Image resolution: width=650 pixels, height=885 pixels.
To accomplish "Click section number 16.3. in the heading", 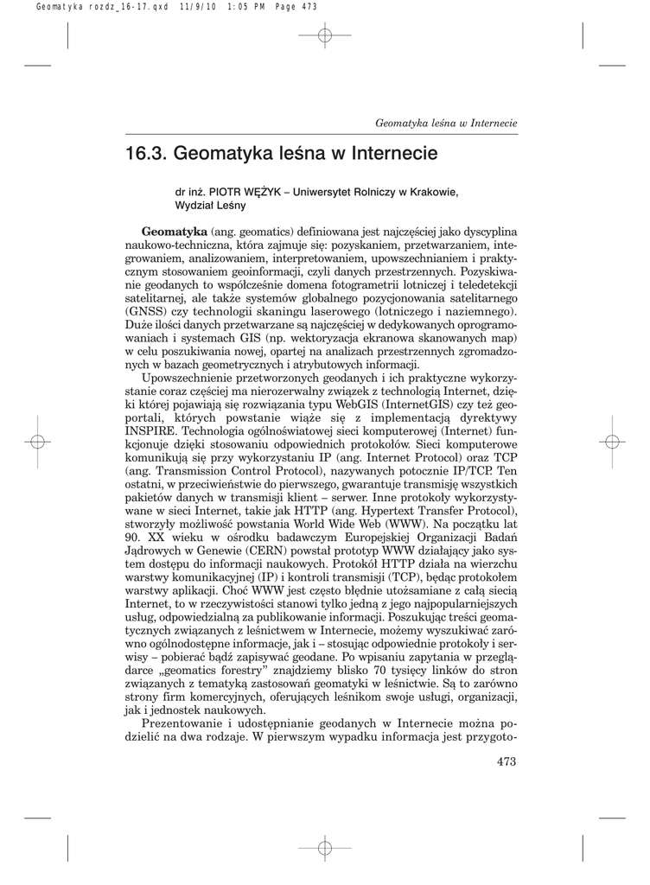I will tap(146, 155).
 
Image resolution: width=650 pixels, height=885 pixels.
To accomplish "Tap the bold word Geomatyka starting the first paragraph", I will tap(175, 233).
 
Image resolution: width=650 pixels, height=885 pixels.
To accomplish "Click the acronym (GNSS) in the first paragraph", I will tap(148, 311).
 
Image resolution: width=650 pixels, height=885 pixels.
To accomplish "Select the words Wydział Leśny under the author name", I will tap(210, 207).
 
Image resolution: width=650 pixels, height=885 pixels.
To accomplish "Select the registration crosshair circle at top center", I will tap(325, 35).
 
